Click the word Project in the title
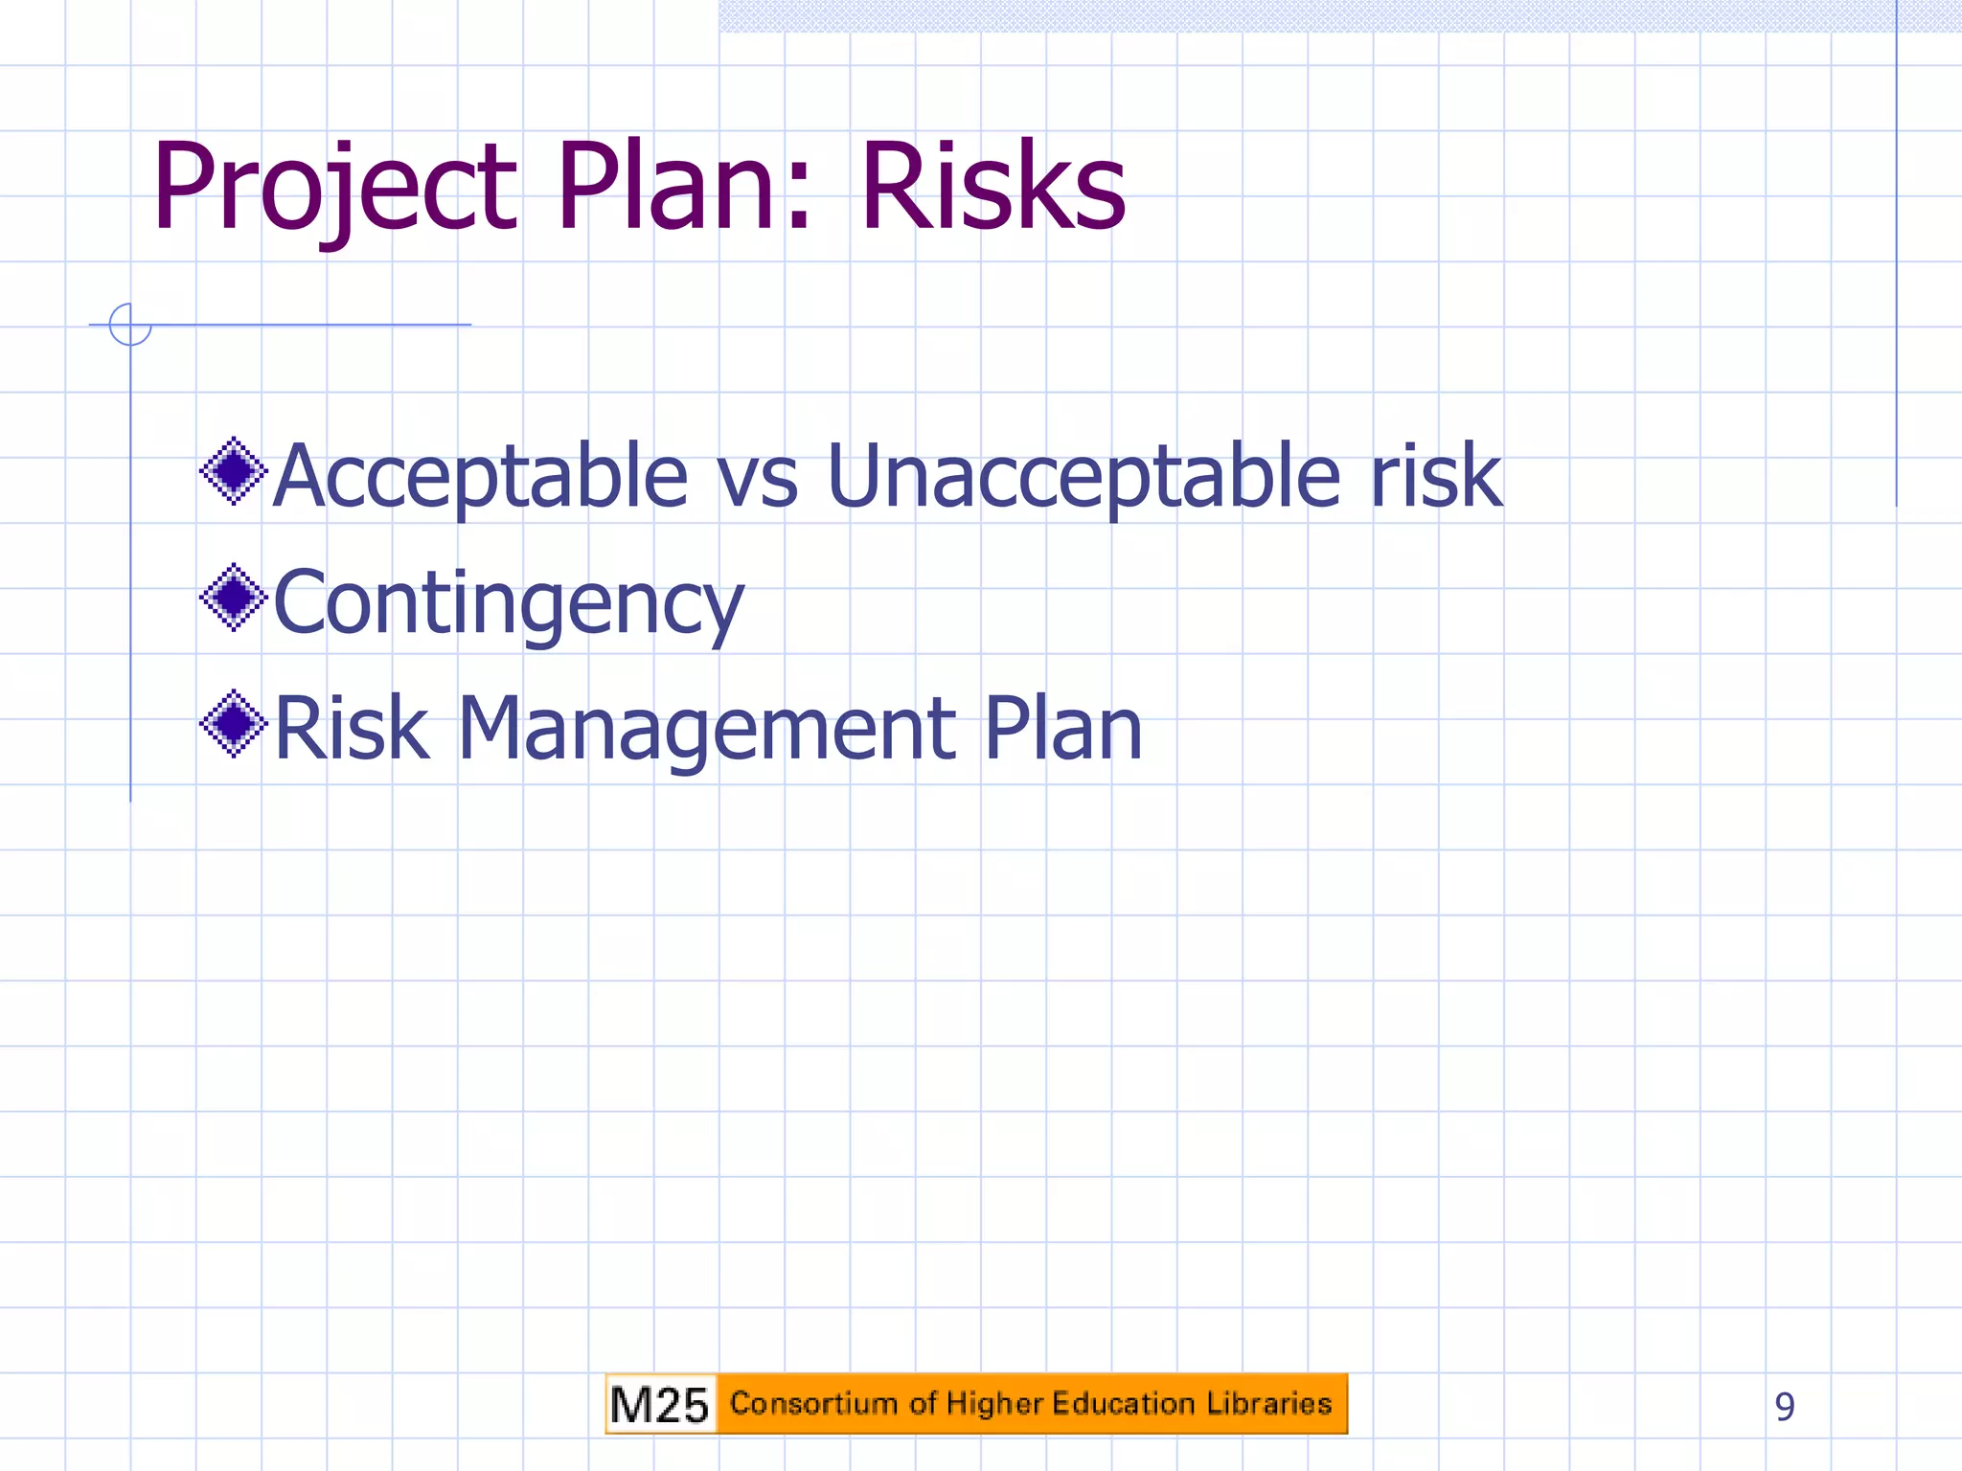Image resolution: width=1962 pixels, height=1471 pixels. pos(335,187)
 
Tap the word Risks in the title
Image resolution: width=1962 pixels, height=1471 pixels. pos(992,187)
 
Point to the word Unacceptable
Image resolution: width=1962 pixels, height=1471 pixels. pos(1083,477)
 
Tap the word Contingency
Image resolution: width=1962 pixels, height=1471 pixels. pos(508,603)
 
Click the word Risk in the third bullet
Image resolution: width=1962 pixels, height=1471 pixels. pos(351,730)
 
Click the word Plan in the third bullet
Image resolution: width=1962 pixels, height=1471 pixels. pos(1063,730)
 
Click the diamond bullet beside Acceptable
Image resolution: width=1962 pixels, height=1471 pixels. pos(233,470)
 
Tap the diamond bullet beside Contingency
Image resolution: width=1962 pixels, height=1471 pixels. pos(233,598)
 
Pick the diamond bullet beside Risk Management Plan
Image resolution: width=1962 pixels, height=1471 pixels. pos(233,724)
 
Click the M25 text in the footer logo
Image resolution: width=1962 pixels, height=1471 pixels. pos(659,1405)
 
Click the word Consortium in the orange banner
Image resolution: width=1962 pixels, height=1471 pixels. pos(813,1403)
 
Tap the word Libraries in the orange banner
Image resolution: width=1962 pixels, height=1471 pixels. pos(1269,1403)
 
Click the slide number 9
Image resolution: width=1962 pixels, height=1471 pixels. pos(1784,1407)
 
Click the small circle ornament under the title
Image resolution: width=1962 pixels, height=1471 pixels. pos(130,325)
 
